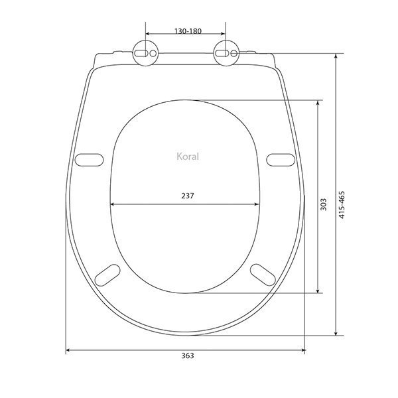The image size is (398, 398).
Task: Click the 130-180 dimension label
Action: (188, 31)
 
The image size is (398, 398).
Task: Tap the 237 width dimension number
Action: (188, 196)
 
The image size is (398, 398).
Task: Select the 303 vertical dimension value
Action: (324, 204)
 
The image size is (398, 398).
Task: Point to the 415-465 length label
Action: (342, 205)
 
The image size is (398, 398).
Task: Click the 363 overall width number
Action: (188, 356)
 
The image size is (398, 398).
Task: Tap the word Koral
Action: (188, 157)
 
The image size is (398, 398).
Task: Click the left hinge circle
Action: (146, 53)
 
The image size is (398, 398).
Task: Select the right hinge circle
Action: (226, 53)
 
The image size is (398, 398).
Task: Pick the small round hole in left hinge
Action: (153, 53)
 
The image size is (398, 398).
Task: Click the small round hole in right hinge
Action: (233, 53)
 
